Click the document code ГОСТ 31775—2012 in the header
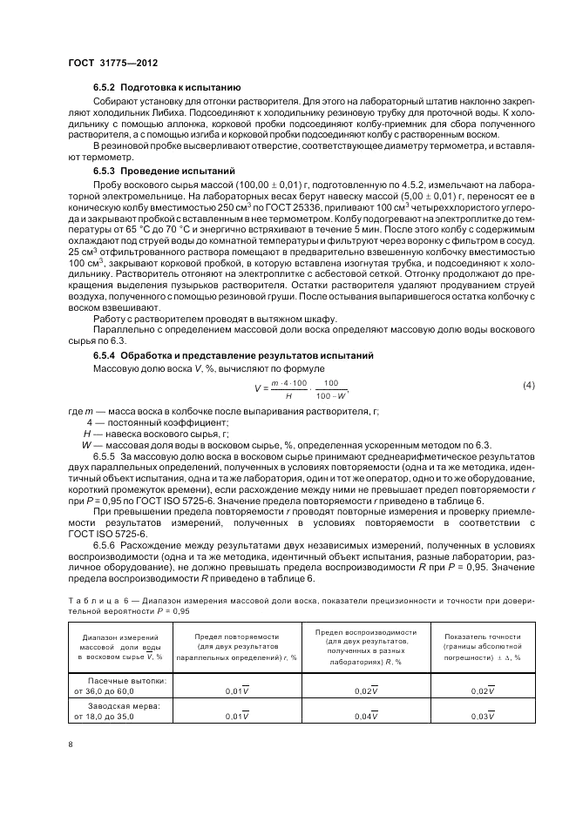pyautogui.click(x=113, y=64)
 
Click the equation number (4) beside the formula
pyautogui.click(x=528, y=384)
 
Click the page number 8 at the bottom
pyautogui.click(x=71, y=744)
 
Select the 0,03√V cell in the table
pyautogui.click(x=482, y=716)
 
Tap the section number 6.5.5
pyautogui.click(x=106, y=455)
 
